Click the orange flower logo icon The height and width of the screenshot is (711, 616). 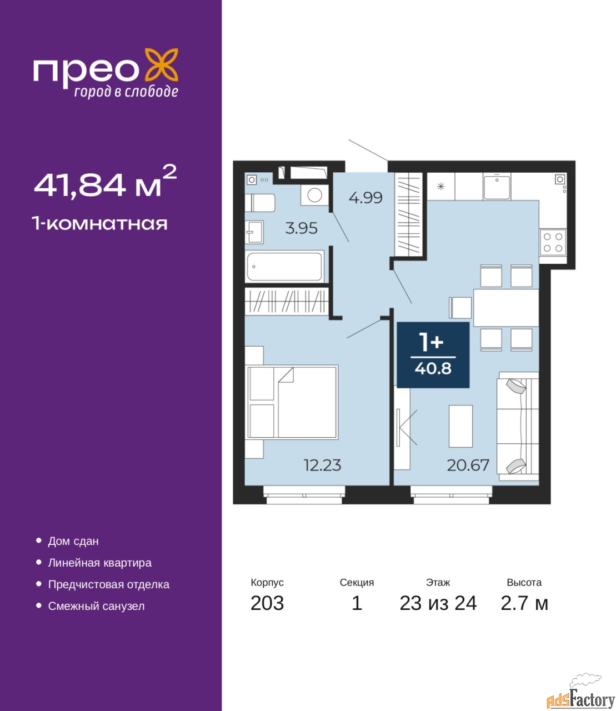(161, 65)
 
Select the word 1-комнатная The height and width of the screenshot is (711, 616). (100, 224)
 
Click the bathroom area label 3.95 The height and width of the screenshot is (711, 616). (301, 228)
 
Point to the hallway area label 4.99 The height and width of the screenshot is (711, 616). (365, 198)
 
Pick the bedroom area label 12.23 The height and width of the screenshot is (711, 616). (322, 465)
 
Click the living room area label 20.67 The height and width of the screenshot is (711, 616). (468, 465)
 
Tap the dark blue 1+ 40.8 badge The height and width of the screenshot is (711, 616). (433, 355)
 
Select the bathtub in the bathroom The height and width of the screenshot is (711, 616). (286, 267)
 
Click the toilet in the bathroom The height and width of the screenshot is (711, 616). (260, 203)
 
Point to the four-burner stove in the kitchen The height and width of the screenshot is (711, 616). (553, 243)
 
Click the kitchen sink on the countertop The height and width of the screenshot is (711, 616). (497, 186)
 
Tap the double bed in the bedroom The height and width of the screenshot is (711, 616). (292, 402)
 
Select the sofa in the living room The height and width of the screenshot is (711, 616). (518, 426)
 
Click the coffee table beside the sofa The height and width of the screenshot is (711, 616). (460, 426)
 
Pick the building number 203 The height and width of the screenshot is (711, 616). (267, 603)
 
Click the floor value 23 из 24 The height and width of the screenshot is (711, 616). (438, 603)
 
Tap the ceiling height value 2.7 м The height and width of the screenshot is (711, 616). (524, 603)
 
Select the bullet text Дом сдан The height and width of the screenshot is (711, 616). (73, 542)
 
